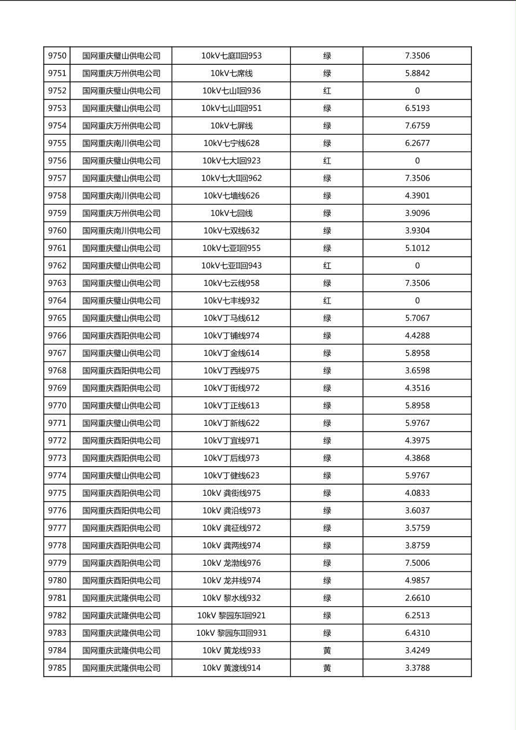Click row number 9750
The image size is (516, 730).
[57, 56]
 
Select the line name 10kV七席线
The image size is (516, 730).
[231, 73]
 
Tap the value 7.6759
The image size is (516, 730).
[417, 126]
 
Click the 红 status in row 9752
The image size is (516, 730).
[327, 91]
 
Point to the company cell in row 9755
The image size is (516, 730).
[121, 143]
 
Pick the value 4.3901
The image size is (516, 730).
[417, 196]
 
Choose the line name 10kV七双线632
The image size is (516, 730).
[231, 231]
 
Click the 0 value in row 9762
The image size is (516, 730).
[417, 266]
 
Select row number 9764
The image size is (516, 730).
[57, 301]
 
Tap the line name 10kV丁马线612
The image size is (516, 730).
[231, 318]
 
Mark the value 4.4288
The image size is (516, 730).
[417, 335]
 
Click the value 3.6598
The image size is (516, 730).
[417, 371]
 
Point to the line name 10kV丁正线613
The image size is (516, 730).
[231, 405]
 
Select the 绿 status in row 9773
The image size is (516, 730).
[327, 458]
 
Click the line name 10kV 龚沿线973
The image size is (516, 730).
[231, 511]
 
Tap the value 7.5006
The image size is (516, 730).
[417, 563]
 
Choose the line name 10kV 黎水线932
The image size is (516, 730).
[231, 598]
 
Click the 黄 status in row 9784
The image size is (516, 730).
[327, 651]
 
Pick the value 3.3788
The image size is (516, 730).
[417, 668]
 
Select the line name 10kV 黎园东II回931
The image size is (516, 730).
[231, 633]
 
